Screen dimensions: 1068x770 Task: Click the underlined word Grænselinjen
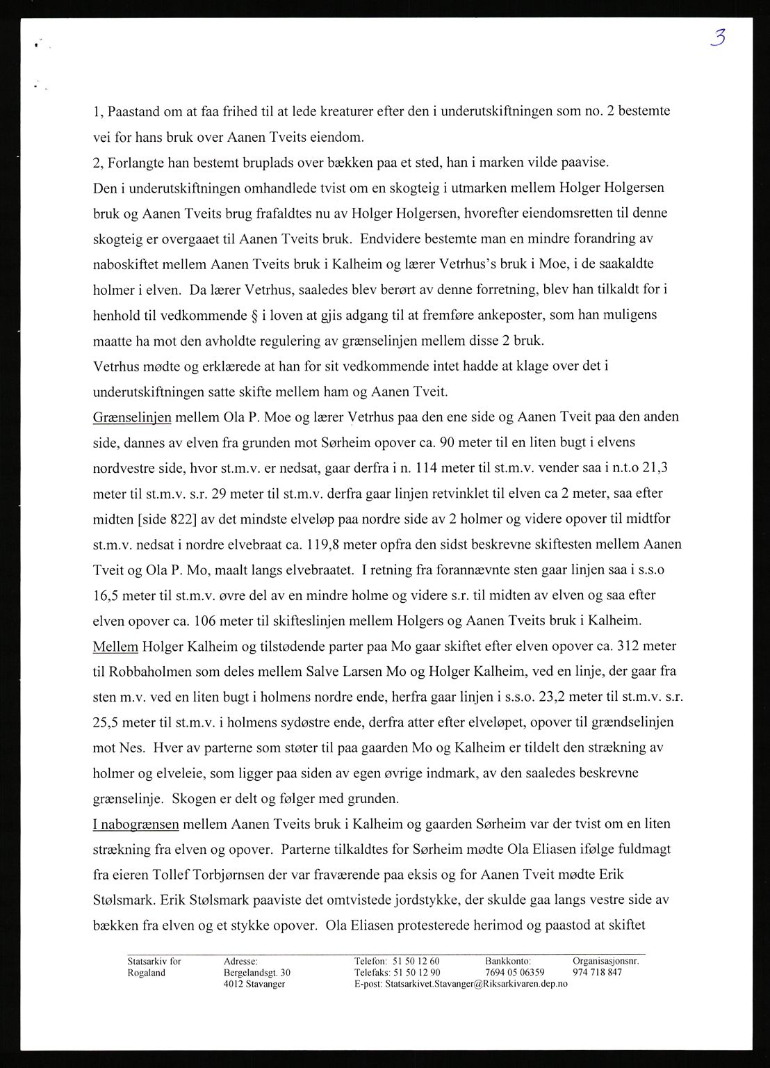click(x=132, y=417)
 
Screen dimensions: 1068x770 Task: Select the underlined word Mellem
click(x=115, y=646)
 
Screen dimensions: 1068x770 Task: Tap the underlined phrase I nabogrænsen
click(x=136, y=824)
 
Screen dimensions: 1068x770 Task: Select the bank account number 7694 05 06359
click(x=515, y=973)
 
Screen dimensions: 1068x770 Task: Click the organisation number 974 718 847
click(x=597, y=973)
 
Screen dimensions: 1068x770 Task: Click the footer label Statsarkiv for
click(x=154, y=961)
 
